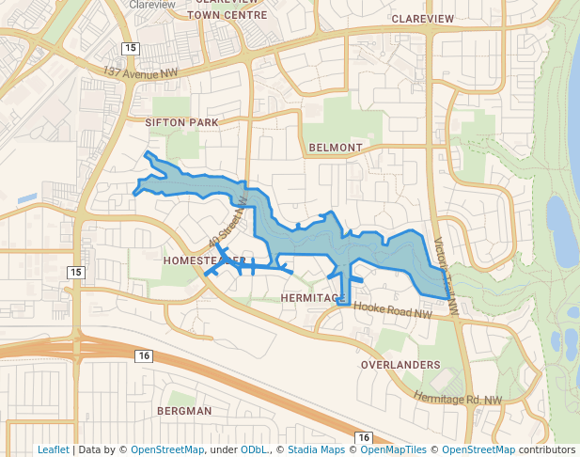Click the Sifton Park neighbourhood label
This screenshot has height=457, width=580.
[181, 122]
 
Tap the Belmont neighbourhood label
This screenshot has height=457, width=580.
[335, 148]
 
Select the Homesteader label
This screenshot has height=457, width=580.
[203, 260]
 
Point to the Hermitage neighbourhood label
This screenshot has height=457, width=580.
[309, 297]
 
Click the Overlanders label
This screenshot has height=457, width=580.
[400, 364]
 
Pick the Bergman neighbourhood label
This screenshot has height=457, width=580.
[184, 411]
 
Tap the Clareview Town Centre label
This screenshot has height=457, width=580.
[227, 9]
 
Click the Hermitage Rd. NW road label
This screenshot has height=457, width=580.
[458, 399]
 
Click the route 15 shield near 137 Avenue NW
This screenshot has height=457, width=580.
[129, 48]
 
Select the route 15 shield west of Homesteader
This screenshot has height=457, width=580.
[75, 272]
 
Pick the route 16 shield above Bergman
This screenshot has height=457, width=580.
[143, 355]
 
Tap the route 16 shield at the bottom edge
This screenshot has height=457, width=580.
[363, 438]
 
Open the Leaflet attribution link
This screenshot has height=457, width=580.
[53, 449]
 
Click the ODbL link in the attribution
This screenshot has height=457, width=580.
[252, 449]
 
